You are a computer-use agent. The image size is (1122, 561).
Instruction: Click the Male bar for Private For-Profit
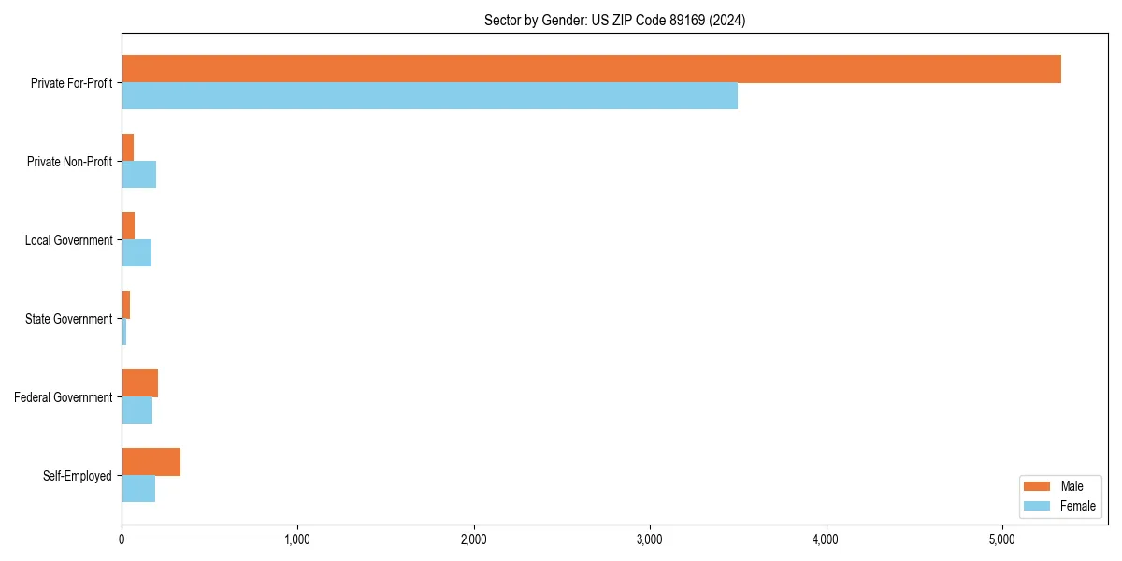tap(591, 69)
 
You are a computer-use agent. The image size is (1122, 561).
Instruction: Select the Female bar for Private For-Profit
tap(429, 96)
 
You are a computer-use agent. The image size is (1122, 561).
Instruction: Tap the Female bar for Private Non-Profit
tap(138, 175)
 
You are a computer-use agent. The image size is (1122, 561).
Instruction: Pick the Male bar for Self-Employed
tap(151, 462)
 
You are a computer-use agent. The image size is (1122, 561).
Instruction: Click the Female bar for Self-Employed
tap(138, 489)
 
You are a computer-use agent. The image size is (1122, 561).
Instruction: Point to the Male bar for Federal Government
tap(139, 383)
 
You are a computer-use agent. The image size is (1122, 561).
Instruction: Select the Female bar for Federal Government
tap(137, 410)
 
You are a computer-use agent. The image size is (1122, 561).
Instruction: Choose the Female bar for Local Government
tap(137, 253)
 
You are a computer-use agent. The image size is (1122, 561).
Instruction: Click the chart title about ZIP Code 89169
tap(614, 21)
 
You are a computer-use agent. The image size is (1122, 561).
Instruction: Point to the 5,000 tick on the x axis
tap(1001, 539)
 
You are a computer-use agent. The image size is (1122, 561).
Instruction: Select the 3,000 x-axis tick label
tap(649, 539)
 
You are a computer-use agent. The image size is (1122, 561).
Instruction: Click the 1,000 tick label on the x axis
tap(297, 539)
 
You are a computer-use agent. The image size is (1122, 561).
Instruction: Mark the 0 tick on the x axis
tap(122, 539)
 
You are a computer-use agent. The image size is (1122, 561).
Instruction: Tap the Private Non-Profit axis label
tap(69, 162)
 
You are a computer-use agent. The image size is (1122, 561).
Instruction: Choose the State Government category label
tap(69, 319)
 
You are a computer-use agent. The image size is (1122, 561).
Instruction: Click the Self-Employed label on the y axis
tap(78, 476)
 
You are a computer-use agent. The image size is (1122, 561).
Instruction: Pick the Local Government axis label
tap(69, 240)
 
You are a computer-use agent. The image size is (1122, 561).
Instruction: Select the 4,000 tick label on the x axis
tap(826, 539)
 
